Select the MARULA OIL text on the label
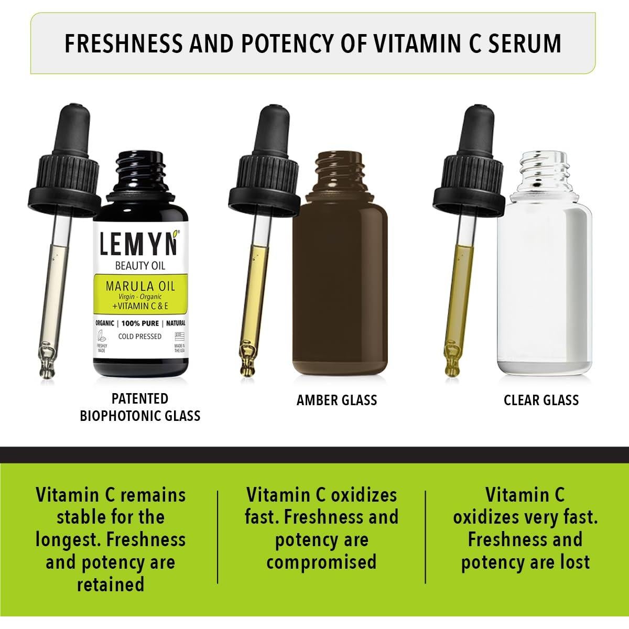click(140, 286)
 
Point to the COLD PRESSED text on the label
click(140, 336)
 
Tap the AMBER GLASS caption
click(337, 400)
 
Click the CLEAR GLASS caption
click(541, 400)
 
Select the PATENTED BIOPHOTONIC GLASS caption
click(140, 407)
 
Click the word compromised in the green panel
click(321, 562)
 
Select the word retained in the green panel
click(111, 584)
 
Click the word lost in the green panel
click(572, 562)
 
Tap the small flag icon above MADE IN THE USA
click(180, 336)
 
